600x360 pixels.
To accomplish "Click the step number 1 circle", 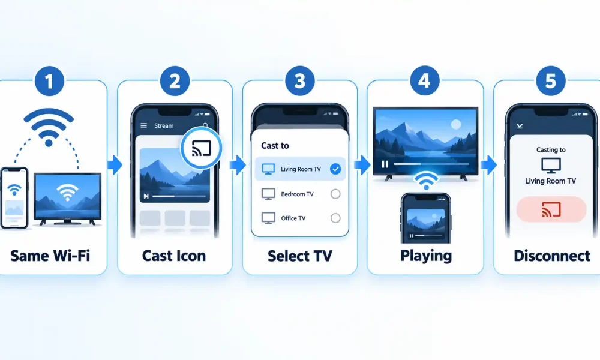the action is [49, 81].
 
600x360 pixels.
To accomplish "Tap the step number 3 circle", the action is [299, 81].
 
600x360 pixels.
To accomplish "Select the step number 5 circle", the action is [551, 81].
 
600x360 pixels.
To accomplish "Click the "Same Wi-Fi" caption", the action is [50, 256].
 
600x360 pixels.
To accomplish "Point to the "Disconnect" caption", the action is [552, 256].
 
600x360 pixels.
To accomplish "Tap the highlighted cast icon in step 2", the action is [201, 148].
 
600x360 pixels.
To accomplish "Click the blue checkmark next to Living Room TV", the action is [335, 169].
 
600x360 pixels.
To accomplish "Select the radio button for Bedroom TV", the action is [335, 194].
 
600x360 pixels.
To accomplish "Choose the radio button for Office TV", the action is [335, 218].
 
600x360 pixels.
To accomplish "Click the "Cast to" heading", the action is [275, 146].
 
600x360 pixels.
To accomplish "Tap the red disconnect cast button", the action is [551, 209].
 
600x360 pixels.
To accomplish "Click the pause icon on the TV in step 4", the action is [385, 164].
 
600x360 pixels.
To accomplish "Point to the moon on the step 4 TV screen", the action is [456, 124].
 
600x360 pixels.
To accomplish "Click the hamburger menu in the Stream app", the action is [143, 125].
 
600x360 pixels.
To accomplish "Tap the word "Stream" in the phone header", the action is [164, 125].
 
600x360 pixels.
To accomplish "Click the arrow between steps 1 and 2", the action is [115, 165].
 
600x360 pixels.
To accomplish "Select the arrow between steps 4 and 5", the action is [488, 165].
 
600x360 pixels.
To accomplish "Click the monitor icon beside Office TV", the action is [268, 218].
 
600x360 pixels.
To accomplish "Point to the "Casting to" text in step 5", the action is [551, 149].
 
